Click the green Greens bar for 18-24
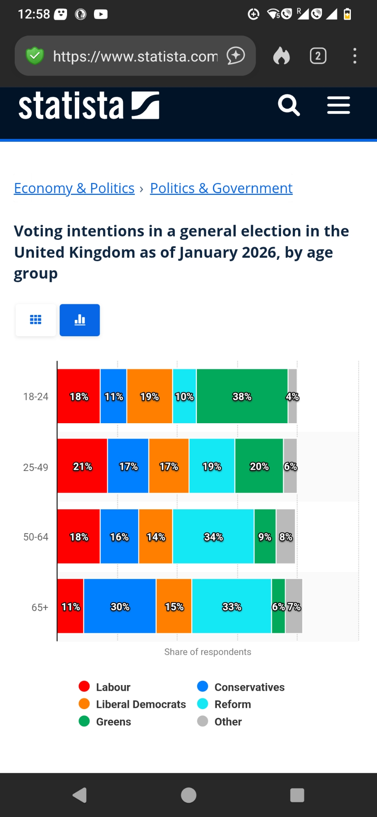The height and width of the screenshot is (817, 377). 242,396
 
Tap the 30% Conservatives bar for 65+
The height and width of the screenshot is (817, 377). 120,606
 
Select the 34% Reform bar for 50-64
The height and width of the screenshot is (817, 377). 213,536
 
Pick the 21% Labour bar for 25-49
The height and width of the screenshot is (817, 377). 82,466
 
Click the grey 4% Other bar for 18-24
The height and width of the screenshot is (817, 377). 292,396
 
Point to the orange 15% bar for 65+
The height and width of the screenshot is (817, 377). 174,606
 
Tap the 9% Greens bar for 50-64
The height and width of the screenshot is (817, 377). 265,536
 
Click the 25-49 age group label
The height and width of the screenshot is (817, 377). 36,467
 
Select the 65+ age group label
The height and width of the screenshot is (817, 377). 40,607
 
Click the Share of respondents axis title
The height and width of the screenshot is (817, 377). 207,652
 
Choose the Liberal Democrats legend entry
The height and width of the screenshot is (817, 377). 141,704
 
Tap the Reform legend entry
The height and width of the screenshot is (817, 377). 232,704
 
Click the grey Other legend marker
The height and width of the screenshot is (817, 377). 203,721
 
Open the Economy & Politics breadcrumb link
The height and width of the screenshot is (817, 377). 74,188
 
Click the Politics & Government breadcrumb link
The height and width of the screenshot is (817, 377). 221,188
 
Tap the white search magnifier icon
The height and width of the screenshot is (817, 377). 289,106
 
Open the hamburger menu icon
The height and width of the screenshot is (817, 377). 338,106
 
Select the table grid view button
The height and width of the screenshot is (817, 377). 36,320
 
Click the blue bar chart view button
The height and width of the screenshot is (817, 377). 80,320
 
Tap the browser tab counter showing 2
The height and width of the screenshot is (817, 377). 318,56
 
